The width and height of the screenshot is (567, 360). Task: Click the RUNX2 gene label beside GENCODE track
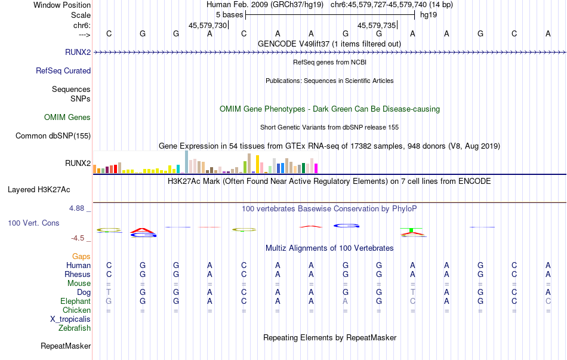pyautogui.click(x=78, y=52)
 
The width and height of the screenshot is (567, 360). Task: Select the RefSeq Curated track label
pyautogui.click(x=63, y=70)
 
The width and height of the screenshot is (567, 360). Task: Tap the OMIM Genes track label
pyautogui.click(x=67, y=118)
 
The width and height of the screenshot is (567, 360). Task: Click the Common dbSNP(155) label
pyautogui.click(x=53, y=136)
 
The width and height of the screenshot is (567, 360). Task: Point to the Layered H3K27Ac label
pyautogui.click(x=39, y=190)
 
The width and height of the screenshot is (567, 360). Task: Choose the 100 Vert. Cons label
pyautogui.click(x=33, y=223)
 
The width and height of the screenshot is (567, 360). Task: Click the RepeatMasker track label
pyautogui.click(x=66, y=346)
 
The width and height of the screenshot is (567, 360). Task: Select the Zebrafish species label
pyautogui.click(x=75, y=328)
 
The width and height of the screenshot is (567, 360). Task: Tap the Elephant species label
pyautogui.click(x=75, y=301)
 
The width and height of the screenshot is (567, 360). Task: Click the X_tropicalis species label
pyautogui.click(x=70, y=319)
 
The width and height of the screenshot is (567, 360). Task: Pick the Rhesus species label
pyautogui.click(x=78, y=274)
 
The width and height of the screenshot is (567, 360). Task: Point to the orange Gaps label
pyautogui.click(x=81, y=256)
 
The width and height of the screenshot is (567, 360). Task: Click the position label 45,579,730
pyautogui.click(x=208, y=26)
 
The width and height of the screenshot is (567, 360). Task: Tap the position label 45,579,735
pyautogui.click(x=377, y=26)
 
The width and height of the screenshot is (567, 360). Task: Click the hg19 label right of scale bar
pyautogui.click(x=429, y=15)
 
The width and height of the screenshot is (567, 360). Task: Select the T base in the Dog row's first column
pyautogui.click(x=109, y=292)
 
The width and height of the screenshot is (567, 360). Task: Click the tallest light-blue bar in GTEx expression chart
pyautogui.click(x=187, y=162)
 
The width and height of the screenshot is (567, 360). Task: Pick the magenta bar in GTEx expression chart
pyautogui.click(x=316, y=168)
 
